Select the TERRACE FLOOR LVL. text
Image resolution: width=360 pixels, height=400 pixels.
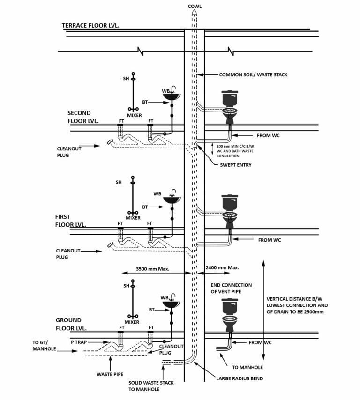coord(90,25)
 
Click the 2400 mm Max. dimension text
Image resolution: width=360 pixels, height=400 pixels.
coord(222,268)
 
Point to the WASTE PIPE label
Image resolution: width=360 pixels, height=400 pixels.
coord(110,374)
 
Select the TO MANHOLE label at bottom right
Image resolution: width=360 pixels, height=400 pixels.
coord(247,367)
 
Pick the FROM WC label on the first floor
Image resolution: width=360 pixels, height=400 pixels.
coord(270,240)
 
